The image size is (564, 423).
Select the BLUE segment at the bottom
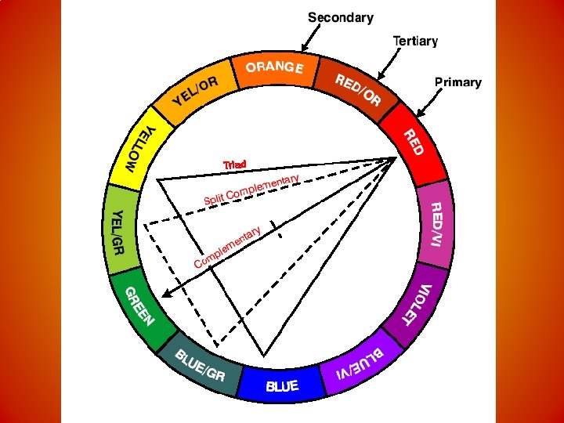click(x=281, y=385)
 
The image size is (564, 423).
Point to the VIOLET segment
click(x=416, y=305)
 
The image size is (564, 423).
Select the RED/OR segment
click(x=356, y=91)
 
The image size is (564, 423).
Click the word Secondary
click(x=340, y=17)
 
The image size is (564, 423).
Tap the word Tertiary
click(x=415, y=41)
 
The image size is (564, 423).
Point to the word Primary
click(x=457, y=81)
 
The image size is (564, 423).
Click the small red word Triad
click(x=234, y=164)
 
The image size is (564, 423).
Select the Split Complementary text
click(x=251, y=190)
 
